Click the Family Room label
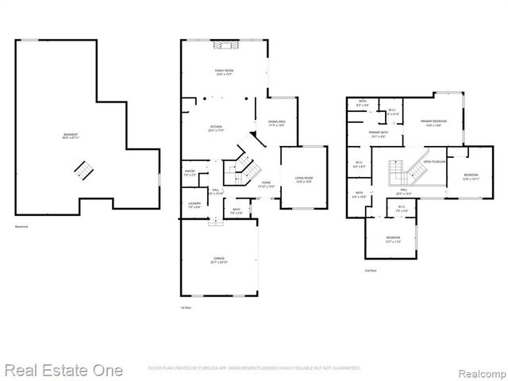pos(224,72)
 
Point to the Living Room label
pos(304,182)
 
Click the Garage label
pos(219,260)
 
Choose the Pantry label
pos(190,172)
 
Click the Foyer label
pos(267,184)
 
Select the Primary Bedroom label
pos(433,122)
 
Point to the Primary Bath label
pos(378,135)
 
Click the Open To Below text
pos(434,162)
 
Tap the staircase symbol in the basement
pos(83,168)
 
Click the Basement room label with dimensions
pos(71,137)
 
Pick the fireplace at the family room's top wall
pos(224,46)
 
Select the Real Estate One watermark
pos(63,370)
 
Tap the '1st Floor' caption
pos(186,307)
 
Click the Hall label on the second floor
pos(403,192)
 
